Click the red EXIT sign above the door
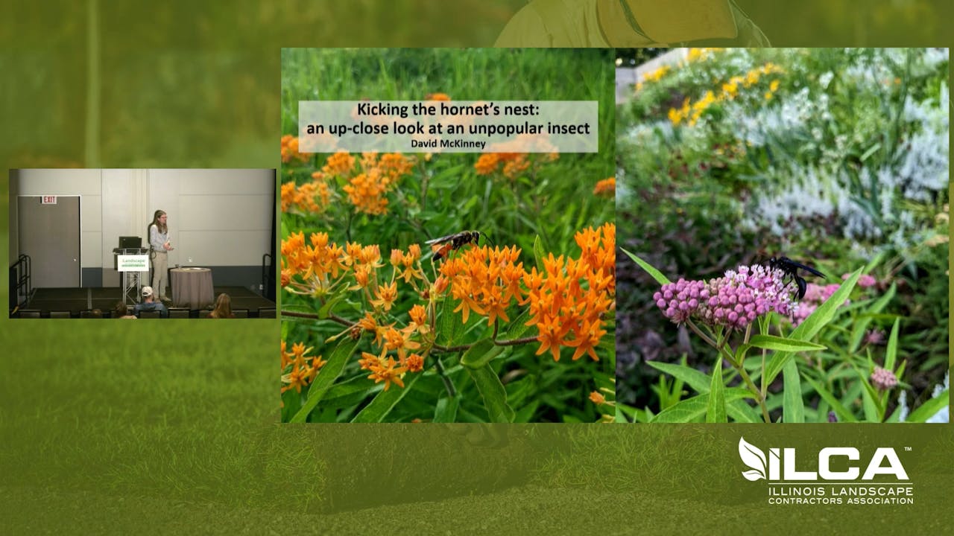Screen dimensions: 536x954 point(48,200)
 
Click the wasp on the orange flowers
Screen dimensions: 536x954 point(456,241)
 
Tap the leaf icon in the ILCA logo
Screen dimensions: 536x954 point(753,460)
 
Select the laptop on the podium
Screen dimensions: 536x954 point(130,243)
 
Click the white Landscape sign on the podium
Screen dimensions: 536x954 point(133,262)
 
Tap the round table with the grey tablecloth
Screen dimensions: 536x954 point(192,286)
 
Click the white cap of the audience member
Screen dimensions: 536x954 point(147,291)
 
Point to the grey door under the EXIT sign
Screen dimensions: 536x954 point(48,242)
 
